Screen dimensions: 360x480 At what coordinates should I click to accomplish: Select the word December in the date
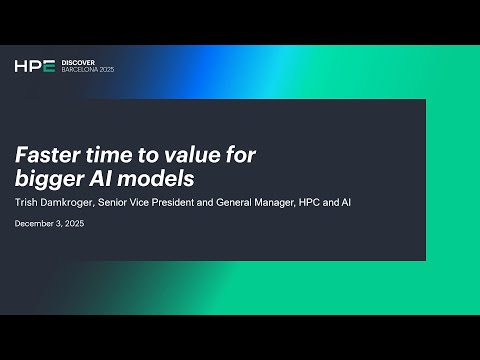coord(37,223)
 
